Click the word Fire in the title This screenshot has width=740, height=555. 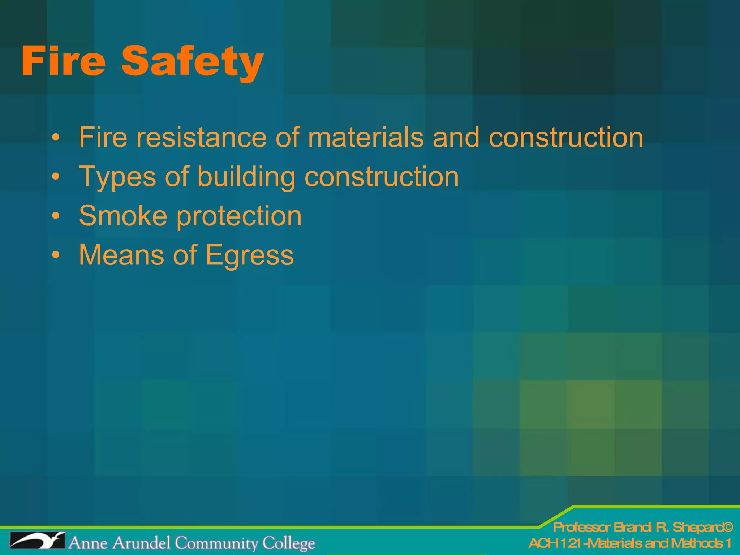(x=64, y=61)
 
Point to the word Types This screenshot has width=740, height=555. (x=117, y=177)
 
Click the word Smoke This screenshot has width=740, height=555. (x=123, y=216)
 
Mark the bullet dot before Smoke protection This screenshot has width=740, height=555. (x=56, y=216)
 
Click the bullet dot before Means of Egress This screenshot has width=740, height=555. (x=56, y=255)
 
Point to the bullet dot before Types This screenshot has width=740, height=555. (x=56, y=177)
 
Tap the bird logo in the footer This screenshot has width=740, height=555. (x=37, y=541)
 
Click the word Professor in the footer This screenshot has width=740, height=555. (x=582, y=528)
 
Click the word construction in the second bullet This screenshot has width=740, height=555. (x=382, y=177)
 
